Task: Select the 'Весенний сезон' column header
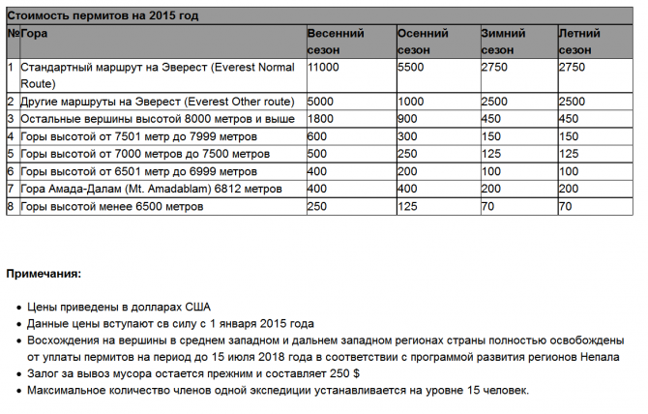[335, 41]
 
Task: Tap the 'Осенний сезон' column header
[422, 41]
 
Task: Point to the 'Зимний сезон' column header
[504, 41]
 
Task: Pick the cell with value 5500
[412, 69]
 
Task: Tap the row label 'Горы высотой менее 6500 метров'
[111, 207]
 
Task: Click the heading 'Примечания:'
[44, 274]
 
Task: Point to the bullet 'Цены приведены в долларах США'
[105, 307]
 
